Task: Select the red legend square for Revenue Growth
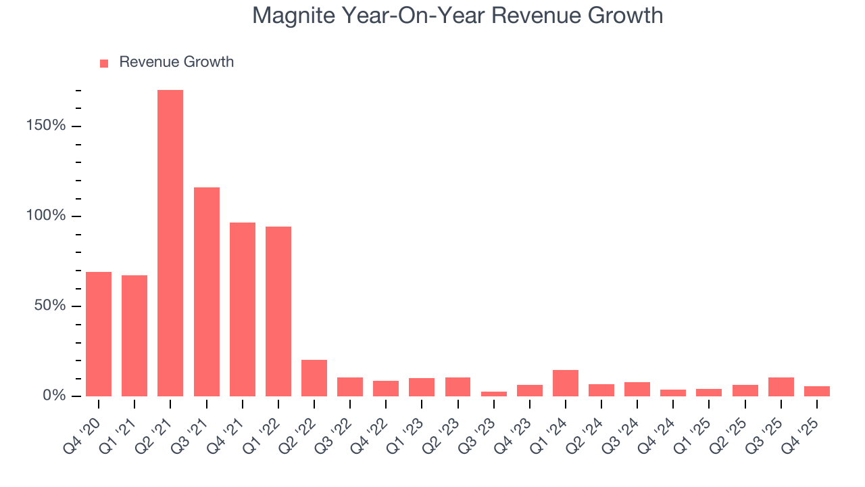104,63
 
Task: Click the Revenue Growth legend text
176,62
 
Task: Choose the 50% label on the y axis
51,306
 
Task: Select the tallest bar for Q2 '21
170,243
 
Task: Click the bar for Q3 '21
206,292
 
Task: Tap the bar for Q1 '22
278,311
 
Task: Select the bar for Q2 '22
314,378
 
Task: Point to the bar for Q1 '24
566,383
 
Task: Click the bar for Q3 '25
781,387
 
